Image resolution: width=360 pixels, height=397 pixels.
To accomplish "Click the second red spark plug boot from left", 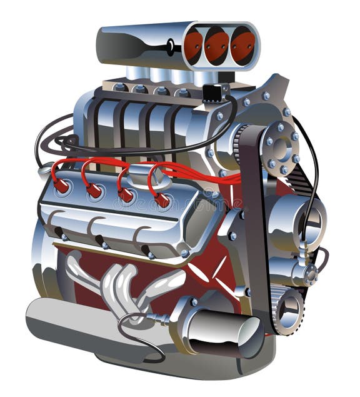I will [94, 191].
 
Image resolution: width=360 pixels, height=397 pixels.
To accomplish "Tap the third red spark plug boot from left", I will [126, 195].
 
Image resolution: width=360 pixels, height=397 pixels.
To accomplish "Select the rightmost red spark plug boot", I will [162, 200].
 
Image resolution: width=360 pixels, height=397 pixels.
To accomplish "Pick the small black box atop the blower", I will [212, 93].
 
